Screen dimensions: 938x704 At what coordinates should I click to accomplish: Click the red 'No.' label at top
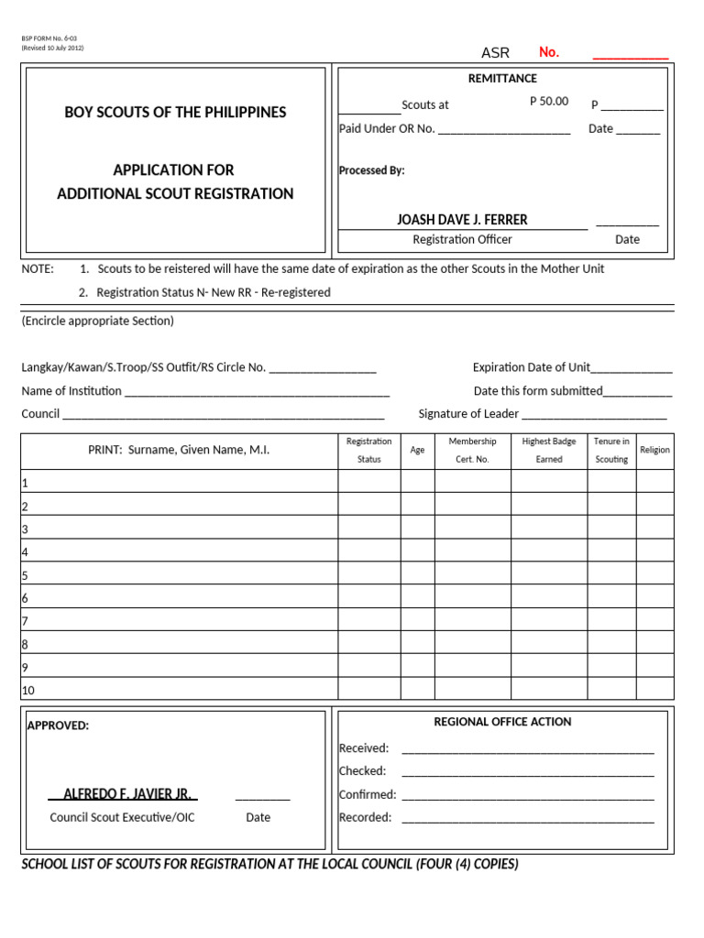(x=548, y=52)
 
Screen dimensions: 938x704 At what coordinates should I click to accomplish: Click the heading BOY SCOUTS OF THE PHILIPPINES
(x=175, y=113)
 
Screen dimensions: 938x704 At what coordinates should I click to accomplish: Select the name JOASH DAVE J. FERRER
(x=462, y=220)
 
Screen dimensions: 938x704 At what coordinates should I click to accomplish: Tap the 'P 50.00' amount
(x=549, y=102)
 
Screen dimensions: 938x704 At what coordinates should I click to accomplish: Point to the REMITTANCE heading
(x=502, y=79)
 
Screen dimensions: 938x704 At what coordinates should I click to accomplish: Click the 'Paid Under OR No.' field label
(x=387, y=129)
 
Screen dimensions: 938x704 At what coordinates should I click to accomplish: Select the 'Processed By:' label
(x=371, y=170)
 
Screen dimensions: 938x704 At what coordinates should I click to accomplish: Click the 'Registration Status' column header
(x=368, y=450)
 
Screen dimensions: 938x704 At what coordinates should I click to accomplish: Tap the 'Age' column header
(x=417, y=450)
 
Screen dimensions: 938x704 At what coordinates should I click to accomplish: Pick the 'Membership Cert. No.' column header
(x=472, y=450)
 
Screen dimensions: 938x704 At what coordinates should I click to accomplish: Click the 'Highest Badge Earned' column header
(x=548, y=450)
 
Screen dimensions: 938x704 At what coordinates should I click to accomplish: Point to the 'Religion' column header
(x=654, y=450)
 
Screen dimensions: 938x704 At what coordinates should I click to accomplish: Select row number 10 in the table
(x=28, y=690)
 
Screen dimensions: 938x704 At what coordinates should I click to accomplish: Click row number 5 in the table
(x=26, y=575)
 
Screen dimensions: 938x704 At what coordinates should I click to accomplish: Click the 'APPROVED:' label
(x=58, y=725)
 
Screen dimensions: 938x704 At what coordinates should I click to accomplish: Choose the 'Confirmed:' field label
(x=368, y=794)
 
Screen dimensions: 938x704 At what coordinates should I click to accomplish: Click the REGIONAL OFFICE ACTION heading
(x=502, y=722)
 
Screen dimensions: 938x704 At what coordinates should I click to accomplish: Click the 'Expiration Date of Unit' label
(x=531, y=367)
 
